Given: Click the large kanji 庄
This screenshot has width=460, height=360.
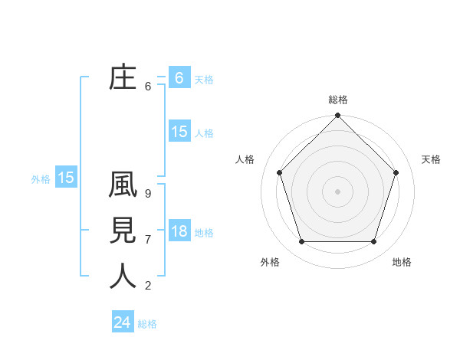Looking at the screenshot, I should (123, 77).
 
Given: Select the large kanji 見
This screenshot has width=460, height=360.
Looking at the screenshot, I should (123, 231).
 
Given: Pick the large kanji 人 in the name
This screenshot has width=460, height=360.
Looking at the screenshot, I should (123, 275).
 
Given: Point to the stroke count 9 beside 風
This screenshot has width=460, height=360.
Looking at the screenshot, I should (148, 195).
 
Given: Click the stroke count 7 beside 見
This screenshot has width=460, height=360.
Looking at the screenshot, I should (148, 240).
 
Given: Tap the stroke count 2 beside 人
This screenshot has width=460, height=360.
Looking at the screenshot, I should (148, 286).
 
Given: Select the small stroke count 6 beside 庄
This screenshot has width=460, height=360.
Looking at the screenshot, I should (148, 87).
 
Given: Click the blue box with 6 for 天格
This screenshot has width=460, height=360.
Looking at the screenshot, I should (179, 78).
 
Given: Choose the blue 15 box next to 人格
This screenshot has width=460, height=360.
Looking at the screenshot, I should (179, 132).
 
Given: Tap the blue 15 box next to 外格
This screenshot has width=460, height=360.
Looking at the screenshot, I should (66, 178).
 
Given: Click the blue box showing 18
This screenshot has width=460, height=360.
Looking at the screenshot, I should (179, 231).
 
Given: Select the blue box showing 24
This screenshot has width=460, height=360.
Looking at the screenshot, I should (122, 322).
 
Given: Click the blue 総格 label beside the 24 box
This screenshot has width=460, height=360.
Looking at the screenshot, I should (147, 324).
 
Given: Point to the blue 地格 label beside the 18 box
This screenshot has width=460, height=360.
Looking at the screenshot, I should (204, 233).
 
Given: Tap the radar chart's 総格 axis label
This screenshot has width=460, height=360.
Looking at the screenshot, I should (338, 100).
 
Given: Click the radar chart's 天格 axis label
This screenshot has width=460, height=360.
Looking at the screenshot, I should (432, 159).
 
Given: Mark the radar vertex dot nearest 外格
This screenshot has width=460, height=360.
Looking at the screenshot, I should (301, 242).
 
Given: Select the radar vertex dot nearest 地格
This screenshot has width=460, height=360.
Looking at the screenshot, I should (374, 242).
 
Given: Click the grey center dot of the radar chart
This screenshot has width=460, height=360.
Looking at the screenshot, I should (337, 191).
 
